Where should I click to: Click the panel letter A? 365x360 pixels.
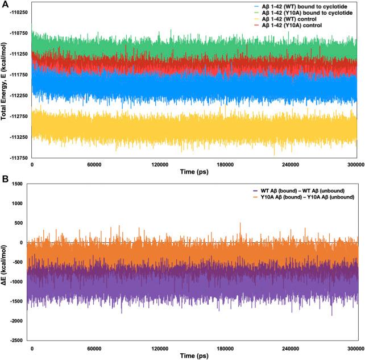tap(5, 5)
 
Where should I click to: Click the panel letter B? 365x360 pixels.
tap(5, 179)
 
